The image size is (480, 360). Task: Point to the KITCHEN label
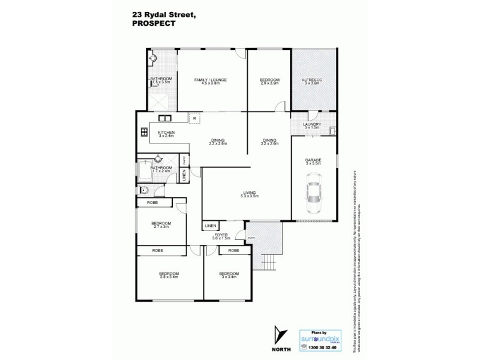[166, 134]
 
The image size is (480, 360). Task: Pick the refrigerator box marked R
[194, 118]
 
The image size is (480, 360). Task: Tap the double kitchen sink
[165, 118]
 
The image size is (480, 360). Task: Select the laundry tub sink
[332, 130]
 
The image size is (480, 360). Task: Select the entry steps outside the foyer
[269, 261]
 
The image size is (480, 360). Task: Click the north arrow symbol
[278, 335]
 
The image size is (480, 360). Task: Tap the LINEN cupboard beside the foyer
[209, 226]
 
